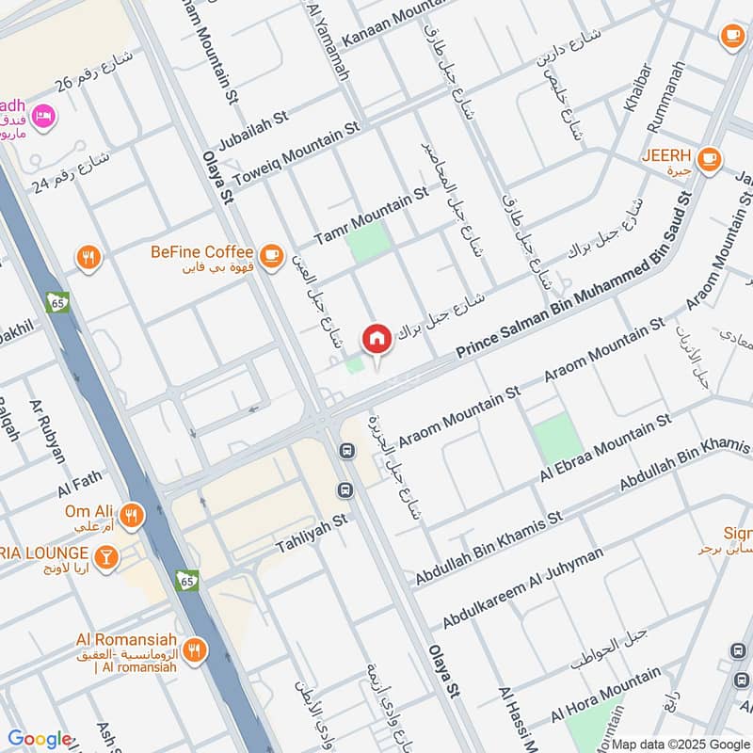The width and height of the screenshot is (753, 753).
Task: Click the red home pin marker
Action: (376, 338)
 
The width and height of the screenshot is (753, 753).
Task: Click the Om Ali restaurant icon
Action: (132, 516)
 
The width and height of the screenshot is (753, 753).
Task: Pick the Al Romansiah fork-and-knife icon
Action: (194, 649)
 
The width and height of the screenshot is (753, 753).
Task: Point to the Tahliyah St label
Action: (312, 533)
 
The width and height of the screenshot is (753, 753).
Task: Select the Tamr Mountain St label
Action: (371, 216)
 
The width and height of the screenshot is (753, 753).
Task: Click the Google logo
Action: (40, 739)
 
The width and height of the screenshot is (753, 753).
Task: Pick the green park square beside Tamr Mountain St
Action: (367, 242)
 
